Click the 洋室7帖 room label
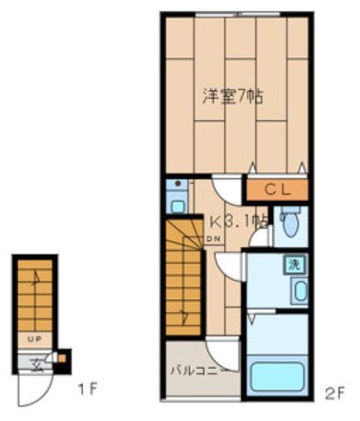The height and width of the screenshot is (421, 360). point(231,95)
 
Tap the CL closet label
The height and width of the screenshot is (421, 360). point(277,190)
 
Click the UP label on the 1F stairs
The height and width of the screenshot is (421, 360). point(34,339)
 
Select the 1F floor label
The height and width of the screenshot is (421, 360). point(88,388)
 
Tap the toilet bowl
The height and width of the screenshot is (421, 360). point(290,224)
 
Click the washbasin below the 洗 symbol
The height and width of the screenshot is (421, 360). point(299,291)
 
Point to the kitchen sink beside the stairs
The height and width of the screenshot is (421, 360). point(175,194)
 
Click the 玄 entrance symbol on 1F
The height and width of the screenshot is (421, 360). point(33,360)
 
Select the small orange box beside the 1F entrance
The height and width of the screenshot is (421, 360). point(61,358)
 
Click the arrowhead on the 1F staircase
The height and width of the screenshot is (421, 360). point(34,274)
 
